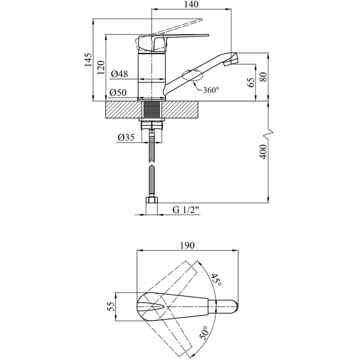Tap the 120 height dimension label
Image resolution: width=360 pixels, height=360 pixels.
(x=101, y=67)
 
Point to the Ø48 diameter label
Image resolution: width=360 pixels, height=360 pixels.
(x=119, y=74)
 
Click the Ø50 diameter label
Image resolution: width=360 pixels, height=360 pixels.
(x=117, y=93)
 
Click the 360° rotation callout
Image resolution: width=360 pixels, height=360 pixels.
(x=211, y=90)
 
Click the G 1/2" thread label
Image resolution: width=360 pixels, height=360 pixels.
(x=186, y=210)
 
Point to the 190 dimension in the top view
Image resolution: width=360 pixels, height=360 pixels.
(x=187, y=246)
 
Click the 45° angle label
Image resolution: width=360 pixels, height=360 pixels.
(x=217, y=280)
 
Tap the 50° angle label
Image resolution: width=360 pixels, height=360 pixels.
(x=205, y=333)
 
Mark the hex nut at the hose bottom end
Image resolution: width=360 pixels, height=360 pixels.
(x=152, y=200)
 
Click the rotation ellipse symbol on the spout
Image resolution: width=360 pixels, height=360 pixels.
(x=193, y=76)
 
